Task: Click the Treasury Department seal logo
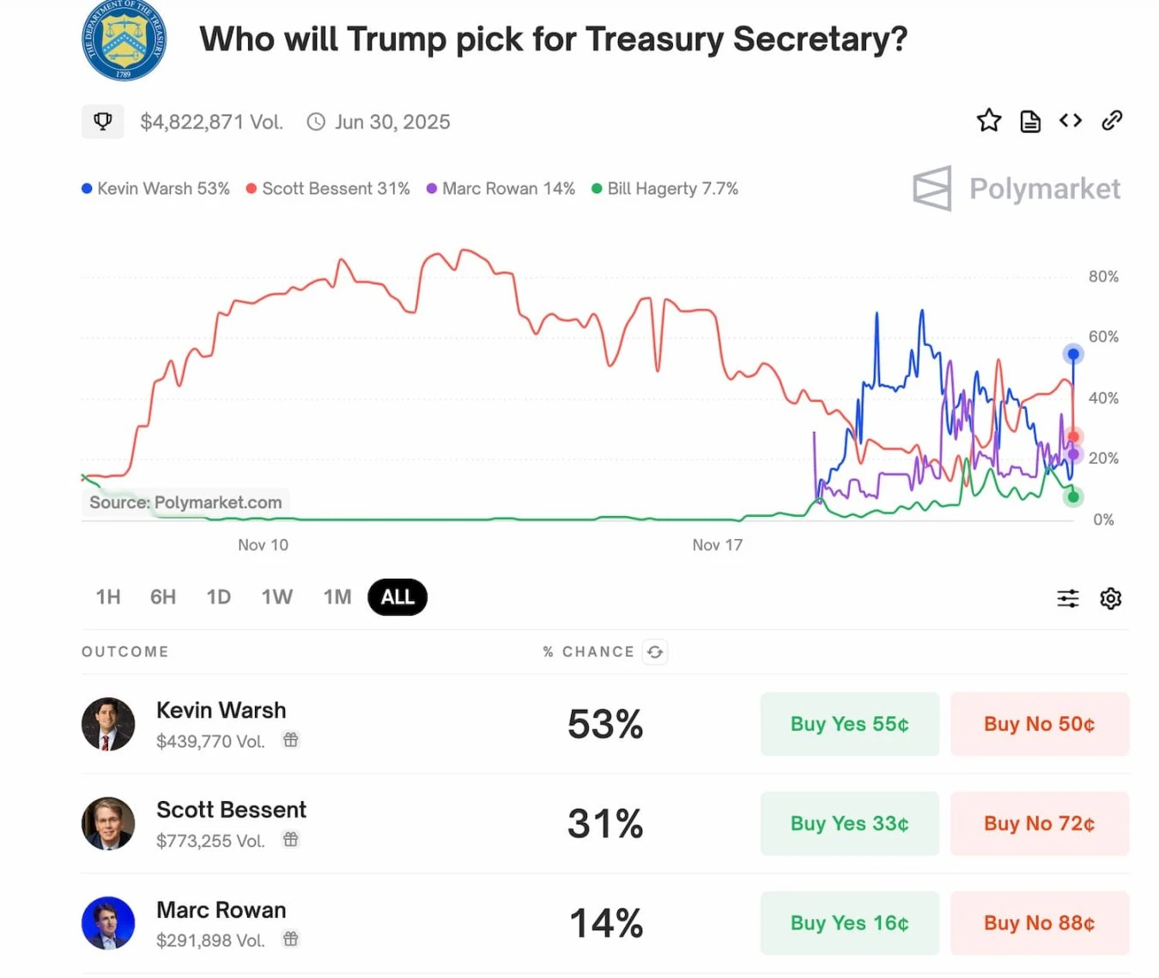coord(124,40)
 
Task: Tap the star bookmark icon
coord(989,121)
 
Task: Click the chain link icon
coord(1112,121)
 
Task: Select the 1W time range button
coord(276,598)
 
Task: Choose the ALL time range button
coord(397,598)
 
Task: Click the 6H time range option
coord(163,598)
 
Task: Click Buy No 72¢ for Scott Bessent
coord(1039,823)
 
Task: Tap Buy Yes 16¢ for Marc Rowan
coord(849,923)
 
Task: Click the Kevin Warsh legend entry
coord(156,189)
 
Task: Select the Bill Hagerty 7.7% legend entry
coord(665,189)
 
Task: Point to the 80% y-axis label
coord(1103,276)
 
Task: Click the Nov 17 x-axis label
coord(717,545)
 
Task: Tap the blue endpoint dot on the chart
coord(1073,354)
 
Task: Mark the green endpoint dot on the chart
coord(1073,497)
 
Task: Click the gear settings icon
coord(1111,598)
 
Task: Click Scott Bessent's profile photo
coord(108,823)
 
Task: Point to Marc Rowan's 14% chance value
coord(605,923)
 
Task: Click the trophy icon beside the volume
coord(103,122)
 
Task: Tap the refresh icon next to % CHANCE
coord(655,653)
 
